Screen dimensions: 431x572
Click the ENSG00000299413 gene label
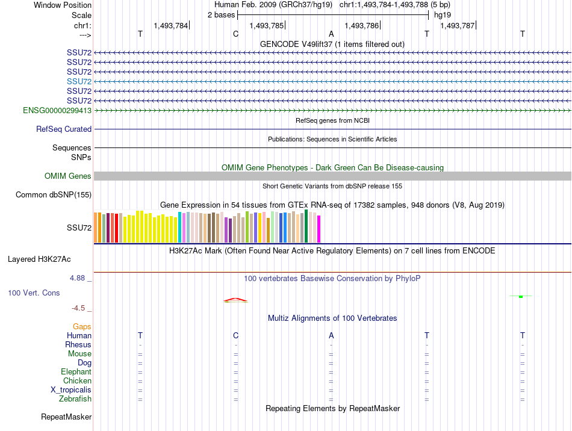(57, 111)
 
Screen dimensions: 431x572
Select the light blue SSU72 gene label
(79, 81)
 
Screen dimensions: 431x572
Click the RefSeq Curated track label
(64, 129)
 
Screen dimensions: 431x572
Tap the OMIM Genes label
(68, 176)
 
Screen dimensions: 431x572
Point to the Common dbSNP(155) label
(54, 195)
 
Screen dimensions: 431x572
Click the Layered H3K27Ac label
(39, 260)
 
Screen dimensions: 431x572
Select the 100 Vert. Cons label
(34, 293)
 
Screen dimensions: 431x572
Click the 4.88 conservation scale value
(78, 278)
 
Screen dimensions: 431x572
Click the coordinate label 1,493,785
(266, 26)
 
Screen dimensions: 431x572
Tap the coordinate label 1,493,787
(457, 26)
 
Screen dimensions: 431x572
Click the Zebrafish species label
(75, 399)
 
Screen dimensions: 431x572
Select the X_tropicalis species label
(71, 390)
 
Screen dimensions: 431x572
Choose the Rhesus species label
(78, 345)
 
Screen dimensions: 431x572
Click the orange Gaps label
(82, 326)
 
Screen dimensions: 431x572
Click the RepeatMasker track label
(66, 417)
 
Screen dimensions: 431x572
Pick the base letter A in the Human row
(331, 335)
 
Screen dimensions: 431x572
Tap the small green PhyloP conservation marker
(520, 296)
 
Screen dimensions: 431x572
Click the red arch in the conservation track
(235, 300)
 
